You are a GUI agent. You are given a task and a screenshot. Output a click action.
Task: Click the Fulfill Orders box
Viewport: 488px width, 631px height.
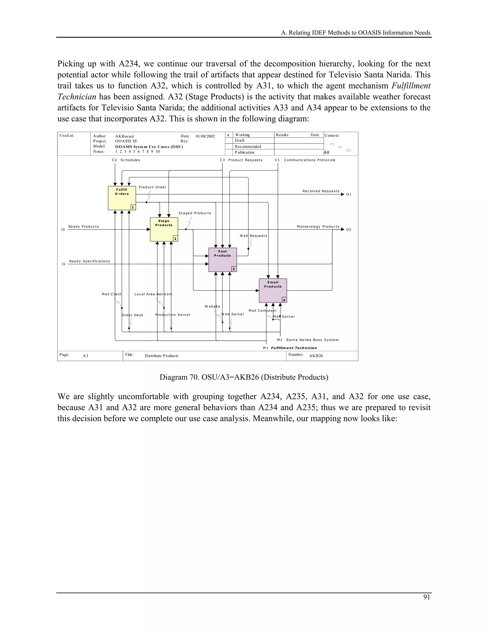(122, 198)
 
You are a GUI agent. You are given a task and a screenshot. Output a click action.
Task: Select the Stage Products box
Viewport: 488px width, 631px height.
(164, 229)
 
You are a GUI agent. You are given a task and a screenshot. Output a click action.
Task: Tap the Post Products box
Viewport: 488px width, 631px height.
(223, 260)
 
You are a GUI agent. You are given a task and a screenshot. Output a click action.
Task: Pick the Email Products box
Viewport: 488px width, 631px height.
(273, 290)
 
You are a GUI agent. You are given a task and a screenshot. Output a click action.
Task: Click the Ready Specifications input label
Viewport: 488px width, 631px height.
(90, 261)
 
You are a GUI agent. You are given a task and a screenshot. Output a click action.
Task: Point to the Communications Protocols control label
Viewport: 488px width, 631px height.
(309, 160)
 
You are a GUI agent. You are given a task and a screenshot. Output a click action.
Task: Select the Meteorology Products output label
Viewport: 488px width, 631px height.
(318, 226)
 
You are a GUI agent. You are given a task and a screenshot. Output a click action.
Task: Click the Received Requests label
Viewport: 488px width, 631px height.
(321, 191)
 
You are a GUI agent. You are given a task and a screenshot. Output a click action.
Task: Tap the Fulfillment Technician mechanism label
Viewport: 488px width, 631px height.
(294, 348)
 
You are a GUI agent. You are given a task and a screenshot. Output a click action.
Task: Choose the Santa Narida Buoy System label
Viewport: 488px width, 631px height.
(312, 340)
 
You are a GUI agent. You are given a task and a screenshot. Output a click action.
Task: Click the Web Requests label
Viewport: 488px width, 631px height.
(253, 236)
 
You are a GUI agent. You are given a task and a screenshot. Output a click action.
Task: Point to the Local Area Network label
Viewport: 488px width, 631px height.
(153, 294)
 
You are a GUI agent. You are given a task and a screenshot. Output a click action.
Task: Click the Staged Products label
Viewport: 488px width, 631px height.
(195, 213)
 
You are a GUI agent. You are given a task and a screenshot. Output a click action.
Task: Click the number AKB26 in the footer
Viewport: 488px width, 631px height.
(316, 356)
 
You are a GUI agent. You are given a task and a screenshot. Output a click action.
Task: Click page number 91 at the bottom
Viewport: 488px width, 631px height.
(427, 597)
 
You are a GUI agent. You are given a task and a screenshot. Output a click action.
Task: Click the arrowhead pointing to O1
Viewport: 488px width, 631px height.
(343, 195)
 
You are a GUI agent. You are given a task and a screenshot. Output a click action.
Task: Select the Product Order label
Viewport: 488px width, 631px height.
(152, 187)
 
